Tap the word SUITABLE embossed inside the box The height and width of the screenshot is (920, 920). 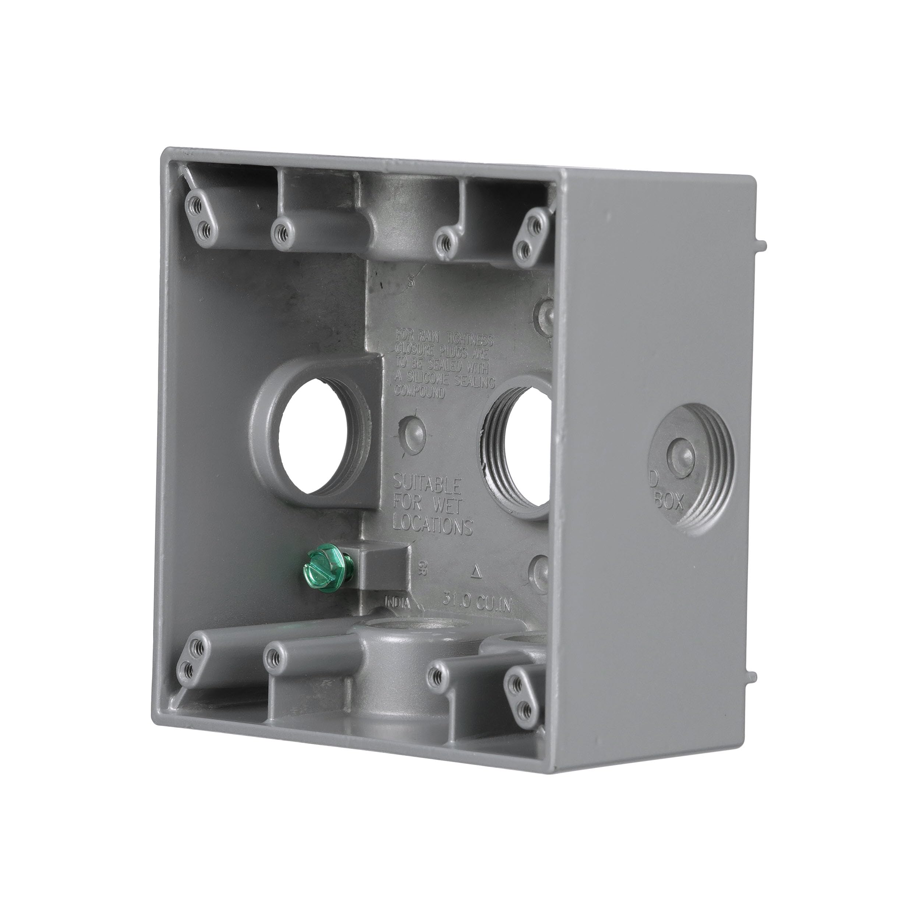[427, 486]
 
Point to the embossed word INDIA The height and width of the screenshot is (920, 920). [397, 603]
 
